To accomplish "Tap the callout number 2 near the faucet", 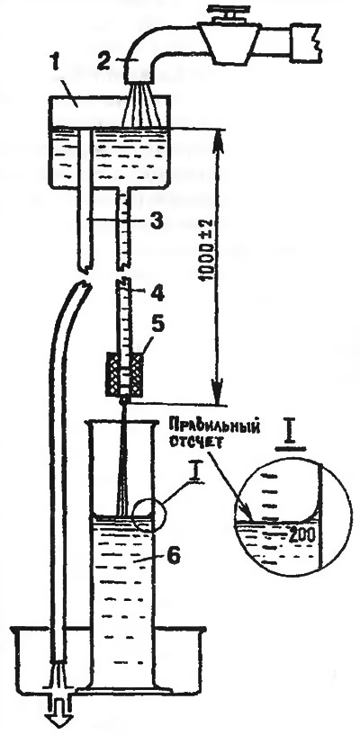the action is [105, 62].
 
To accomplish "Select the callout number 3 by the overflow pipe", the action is [155, 220].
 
